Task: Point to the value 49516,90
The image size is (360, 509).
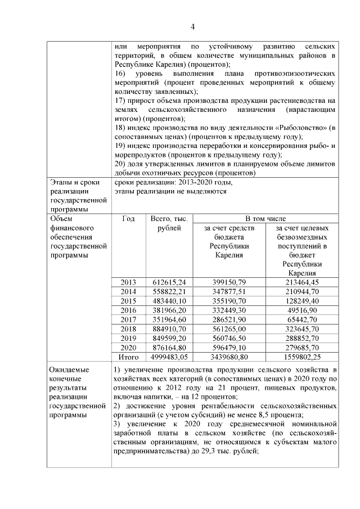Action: pos(302,310)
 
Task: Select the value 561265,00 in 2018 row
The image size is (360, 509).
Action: pos(233,329)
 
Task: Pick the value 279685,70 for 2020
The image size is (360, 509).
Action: pos(302,348)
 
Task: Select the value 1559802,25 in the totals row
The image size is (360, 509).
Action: pos(302,357)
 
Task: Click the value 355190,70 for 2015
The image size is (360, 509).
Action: pos(233,301)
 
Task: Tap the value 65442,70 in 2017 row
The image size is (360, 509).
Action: pos(302,319)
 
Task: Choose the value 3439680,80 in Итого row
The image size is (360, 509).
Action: pos(233,357)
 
